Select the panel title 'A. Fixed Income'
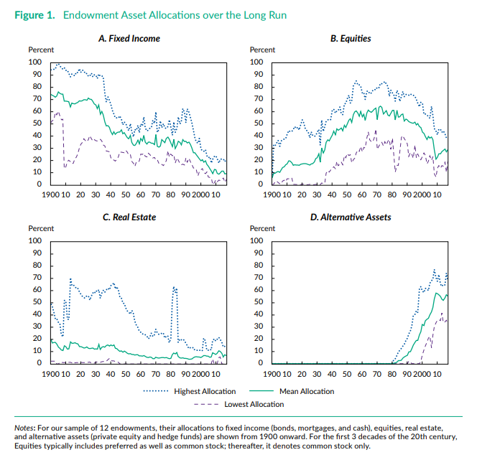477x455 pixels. tap(129, 38)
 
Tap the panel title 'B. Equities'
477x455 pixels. tap(351, 38)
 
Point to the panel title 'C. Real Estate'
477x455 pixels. tap(129, 217)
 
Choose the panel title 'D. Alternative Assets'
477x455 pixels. tap(351, 217)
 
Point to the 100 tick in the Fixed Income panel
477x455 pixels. tap(35, 62)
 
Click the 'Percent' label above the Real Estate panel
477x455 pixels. tap(40, 228)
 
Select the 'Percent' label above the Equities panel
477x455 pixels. tap(262, 50)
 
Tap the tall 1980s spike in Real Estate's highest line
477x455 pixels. tap(175, 289)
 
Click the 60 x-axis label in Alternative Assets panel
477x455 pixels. tap(361, 374)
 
